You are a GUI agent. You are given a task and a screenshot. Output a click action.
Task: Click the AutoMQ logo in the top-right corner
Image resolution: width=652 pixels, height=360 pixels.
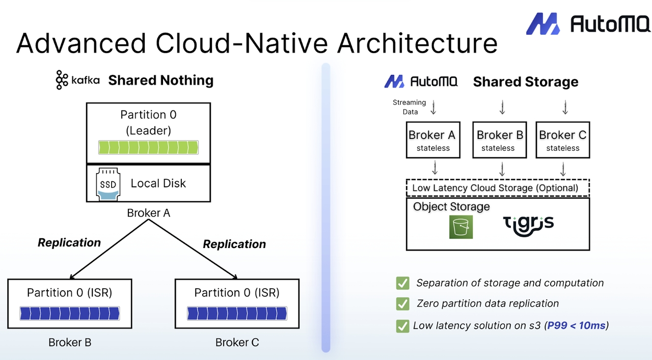point(588,23)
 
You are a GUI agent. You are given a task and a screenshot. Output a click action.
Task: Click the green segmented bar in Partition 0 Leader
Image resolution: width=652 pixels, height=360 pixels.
point(148,148)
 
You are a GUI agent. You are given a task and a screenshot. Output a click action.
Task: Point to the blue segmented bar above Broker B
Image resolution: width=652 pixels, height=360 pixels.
point(69,313)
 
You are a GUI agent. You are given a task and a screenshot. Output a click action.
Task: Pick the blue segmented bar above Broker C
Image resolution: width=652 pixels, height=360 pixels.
point(237,313)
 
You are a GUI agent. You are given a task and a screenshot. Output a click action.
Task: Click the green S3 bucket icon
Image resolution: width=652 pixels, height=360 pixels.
point(461,227)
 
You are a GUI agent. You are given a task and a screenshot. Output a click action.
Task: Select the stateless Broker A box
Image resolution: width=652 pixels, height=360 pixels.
point(433,140)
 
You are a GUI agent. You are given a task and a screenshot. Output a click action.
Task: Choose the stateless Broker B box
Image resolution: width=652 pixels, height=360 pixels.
point(498,140)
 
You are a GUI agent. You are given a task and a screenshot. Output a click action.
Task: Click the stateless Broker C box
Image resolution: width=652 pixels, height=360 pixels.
point(562,140)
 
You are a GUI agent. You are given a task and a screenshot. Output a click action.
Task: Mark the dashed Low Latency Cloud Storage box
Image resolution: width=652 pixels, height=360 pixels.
point(497,187)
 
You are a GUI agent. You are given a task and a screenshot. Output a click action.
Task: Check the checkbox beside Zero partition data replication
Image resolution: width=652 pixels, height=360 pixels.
point(402,304)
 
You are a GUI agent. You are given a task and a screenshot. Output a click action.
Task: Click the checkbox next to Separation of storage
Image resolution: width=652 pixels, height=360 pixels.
point(402,283)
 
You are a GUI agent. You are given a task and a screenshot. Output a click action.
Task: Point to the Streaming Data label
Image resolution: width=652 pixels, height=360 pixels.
point(409,107)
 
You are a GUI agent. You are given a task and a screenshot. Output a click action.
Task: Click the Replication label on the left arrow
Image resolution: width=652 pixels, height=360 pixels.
point(69,242)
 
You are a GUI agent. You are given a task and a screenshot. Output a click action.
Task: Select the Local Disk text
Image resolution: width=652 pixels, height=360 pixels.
point(158,183)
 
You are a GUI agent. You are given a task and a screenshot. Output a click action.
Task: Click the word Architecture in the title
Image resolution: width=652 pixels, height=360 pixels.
point(417,43)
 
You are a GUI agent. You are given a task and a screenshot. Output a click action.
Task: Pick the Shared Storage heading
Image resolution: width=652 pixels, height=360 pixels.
point(526,82)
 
